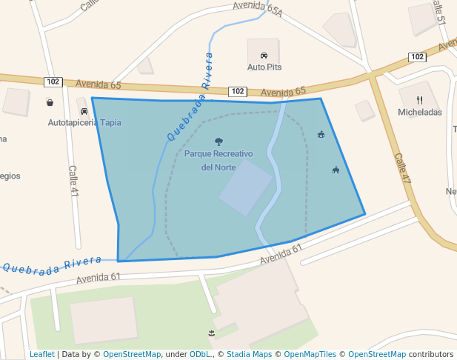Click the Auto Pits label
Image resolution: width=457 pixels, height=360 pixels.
[x=264, y=67]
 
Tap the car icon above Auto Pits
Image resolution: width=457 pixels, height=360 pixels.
[x=264, y=56]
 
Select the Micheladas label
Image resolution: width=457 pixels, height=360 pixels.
[x=419, y=112]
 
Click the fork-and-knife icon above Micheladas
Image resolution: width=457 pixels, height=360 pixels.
[x=419, y=100]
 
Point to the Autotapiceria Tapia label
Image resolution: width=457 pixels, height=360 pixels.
[x=84, y=122]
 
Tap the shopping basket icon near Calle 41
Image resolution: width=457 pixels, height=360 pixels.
[x=50, y=103]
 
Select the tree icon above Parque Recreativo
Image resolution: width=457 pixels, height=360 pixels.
[x=218, y=141]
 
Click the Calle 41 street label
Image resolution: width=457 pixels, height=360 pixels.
[x=73, y=181]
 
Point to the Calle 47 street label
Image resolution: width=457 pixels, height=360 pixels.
[x=402, y=169]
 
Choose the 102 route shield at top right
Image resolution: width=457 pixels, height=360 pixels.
[x=417, y=57]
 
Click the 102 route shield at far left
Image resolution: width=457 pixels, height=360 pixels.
[x=52, y=81]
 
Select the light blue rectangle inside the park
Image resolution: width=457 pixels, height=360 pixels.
[x=246, y=188]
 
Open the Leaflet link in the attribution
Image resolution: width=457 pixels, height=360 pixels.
[x=41, y=354]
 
